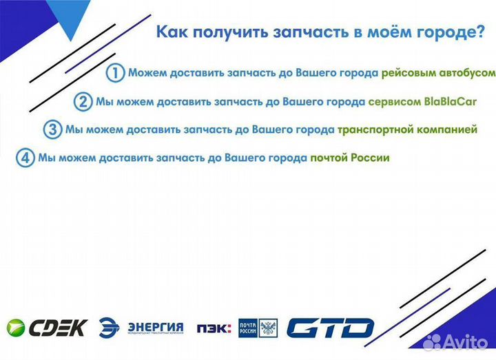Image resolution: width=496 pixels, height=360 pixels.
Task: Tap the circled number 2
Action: tap(83, 102)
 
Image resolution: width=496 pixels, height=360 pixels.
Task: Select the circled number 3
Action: tap(52, 129)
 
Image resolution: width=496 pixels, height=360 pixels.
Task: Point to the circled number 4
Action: tap(25, 158)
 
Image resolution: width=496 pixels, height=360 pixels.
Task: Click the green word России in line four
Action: tap(372, 158)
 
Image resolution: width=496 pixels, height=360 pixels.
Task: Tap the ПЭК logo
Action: tap(214, 328)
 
